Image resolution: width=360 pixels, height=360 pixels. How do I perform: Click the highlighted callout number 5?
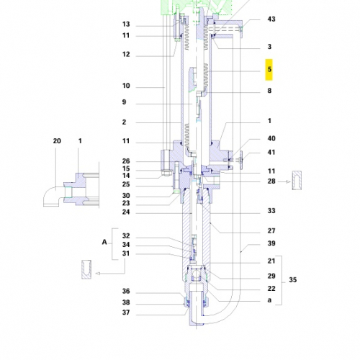269,71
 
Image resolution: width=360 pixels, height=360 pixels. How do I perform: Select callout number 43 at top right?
271,19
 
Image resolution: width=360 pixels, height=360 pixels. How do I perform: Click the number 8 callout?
269,91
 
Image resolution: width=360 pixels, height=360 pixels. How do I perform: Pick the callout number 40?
271,139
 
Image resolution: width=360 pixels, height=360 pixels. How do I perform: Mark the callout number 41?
271,152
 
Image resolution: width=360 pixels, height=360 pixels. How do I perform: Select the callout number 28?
271,182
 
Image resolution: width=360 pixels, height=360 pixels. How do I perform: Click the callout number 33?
271,211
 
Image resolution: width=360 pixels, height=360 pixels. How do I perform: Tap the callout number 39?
271,245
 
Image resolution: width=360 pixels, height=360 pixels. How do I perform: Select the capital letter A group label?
105,244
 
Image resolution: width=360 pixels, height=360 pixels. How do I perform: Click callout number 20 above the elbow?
58,142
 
